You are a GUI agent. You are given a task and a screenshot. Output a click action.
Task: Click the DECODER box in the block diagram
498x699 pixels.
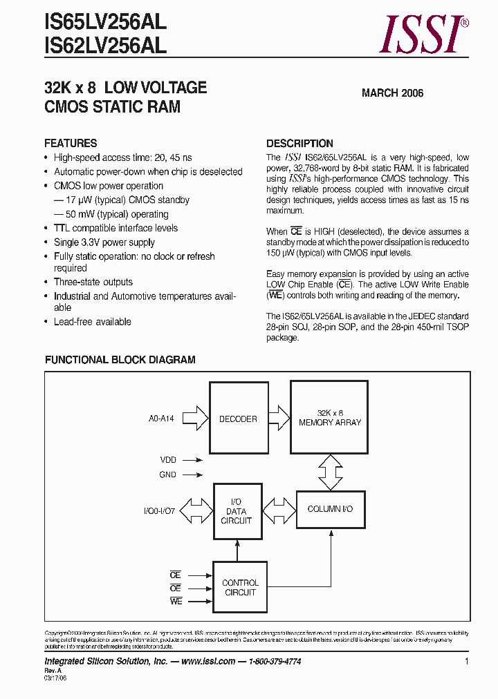pyautogui.click(x=238, y=419)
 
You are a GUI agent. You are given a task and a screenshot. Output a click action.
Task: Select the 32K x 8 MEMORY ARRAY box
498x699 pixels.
pyautogui.click(x=329, y=418)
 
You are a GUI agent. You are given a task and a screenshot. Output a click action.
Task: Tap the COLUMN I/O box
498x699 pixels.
pyautogui.click(x=330, y=509)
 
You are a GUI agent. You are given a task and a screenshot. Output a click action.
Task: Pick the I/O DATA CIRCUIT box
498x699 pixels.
pyautogui.click(x=237, y=512)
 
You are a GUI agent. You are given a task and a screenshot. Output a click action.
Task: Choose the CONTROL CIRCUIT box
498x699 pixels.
pyautogui.click(x=240, y=588)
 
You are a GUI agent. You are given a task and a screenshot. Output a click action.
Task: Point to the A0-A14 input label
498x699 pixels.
pyautogui.click(x=161, y=419)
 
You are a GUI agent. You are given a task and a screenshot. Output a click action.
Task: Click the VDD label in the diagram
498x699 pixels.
pyautogui.click(x=168, y=459)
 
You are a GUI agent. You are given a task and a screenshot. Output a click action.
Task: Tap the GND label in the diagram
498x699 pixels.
pyautogui.click(x=168, y=475)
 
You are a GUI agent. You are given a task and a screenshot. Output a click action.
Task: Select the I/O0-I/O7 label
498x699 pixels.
pyautogui.click(x=160, y=511)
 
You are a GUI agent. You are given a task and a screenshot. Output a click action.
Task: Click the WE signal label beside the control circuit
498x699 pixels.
pyautogui.click(x=175, y=602)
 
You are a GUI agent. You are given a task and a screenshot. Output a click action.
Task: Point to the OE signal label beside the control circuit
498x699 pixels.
pyautogui.click(x=175, y=588)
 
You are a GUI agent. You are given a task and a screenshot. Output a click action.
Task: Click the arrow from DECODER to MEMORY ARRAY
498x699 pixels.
pyautogui.click(x=278, y=418)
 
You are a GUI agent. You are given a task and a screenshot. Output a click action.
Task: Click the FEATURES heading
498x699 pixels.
pyautogui.click(x=71, y=144)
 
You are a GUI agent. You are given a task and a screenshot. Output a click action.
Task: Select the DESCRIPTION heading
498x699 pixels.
pyautogui.click(x=299, y=144)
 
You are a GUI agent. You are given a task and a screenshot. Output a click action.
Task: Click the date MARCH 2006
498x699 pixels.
pyautogui.click(x=392, y=93)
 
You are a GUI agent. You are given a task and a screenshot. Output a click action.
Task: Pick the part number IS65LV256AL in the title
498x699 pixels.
pyautogui.click(x=105, y=23)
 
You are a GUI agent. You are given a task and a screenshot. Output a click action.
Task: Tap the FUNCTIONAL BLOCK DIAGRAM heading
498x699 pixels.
pyautogui.click(x=120, y=360)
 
